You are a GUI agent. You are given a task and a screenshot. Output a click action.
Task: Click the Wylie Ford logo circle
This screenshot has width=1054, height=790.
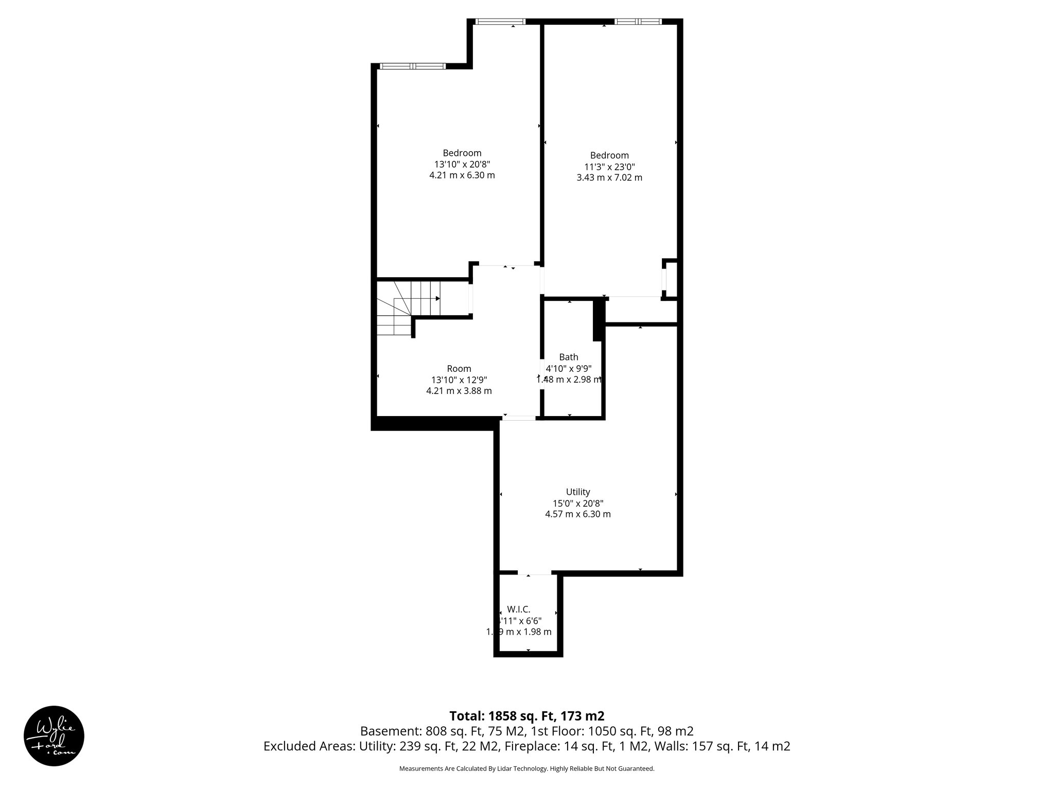[54, 735]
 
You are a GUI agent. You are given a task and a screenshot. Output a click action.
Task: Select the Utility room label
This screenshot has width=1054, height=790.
[577, 492]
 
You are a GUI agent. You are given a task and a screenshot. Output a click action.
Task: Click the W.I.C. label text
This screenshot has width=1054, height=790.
[519, 609]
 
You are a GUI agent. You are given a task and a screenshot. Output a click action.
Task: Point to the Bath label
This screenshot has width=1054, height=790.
[568, 357]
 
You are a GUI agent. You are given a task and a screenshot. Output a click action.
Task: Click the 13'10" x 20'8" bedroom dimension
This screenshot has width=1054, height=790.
[462, 164]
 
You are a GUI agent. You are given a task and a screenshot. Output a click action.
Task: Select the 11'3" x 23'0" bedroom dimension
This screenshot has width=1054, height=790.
[609, 167]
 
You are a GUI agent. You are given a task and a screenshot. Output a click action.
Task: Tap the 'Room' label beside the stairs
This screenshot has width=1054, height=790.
[459, 369]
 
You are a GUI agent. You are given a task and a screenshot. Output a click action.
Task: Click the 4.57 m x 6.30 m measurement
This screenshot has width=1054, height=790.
[577, 514]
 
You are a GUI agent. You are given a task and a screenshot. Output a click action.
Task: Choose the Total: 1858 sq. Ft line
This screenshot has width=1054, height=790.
[526, 716]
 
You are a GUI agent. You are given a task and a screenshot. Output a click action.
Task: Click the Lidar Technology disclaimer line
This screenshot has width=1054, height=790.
[526, 768]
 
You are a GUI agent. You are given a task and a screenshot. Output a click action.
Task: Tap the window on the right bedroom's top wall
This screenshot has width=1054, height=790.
[638, 22]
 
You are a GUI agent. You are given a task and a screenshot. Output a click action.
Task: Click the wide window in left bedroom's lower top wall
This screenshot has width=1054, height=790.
[412, 66]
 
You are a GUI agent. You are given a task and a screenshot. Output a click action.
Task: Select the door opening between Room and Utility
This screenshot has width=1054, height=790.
[518, 418]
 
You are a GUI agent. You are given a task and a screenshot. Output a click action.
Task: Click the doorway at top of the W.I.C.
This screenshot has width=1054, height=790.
[534, 572]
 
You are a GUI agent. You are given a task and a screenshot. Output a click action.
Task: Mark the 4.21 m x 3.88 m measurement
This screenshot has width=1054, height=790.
[459, 391]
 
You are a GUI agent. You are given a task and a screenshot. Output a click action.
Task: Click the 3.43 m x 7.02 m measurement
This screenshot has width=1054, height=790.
[609, 178]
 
